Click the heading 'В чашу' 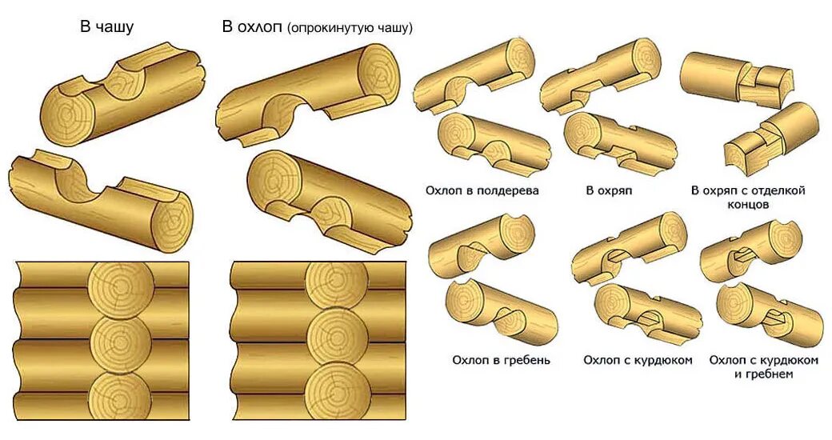click(106, 26)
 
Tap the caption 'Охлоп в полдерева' click(482, 190)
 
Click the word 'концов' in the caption click(747, 205)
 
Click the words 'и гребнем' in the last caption click(762, 374)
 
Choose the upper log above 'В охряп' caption click(600, 76)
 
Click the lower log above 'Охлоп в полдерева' click(492, 144)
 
